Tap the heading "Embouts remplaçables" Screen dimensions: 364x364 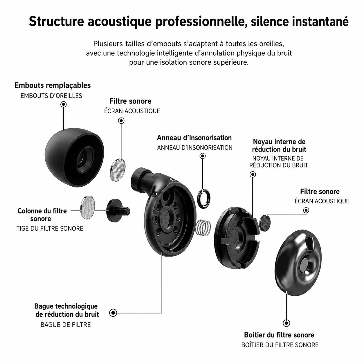[x=53, y=85]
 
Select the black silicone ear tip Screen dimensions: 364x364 [x=74, y=158]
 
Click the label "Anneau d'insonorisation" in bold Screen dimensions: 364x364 [x=194, y=138]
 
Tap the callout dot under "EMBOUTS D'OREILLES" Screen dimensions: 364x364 [x=64, y=104]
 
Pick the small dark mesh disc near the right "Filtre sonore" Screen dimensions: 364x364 [x=265, y=223]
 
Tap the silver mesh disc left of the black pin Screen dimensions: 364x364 [x=88, y=207]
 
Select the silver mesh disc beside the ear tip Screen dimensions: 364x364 [x=118, y=170]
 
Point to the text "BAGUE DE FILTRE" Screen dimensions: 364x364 [x=66, y=325]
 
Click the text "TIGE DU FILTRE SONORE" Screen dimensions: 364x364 [x=50, y=228]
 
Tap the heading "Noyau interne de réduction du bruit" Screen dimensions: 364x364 [x=279, y=145]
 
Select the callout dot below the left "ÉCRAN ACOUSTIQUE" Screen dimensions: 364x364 [x=121, y=120]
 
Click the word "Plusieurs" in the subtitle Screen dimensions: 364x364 [x=108, y=44]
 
